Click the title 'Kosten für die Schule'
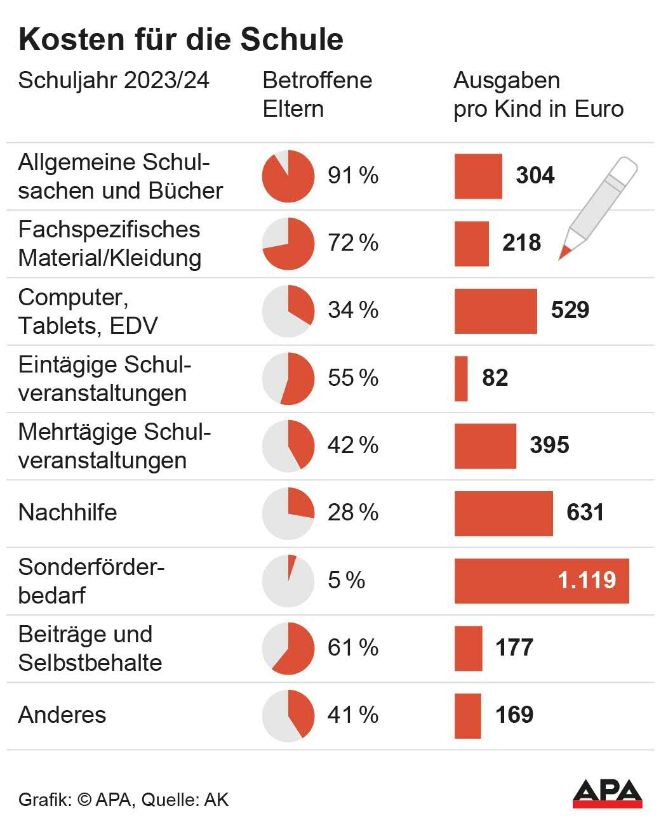click(181, 39)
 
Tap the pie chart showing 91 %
click(288, 176)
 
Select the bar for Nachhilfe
click(504, 513)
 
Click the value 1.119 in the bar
click(586, 580)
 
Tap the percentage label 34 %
click(353, 310)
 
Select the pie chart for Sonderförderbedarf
click(288, 581)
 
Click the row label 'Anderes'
click(62, 715)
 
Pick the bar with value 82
click(461, 379)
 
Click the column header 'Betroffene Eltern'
click(317, 95)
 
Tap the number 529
click(570, 310)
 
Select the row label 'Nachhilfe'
click(68, 512)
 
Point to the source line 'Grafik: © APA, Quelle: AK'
click(123, 799)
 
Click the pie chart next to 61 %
click(288, 648)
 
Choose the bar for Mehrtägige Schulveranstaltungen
click(485, 446)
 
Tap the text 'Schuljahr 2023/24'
click(114, 81)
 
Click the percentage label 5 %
click(346, 580)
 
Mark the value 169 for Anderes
click(514, 715)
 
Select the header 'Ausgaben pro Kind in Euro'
click(538, 95)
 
